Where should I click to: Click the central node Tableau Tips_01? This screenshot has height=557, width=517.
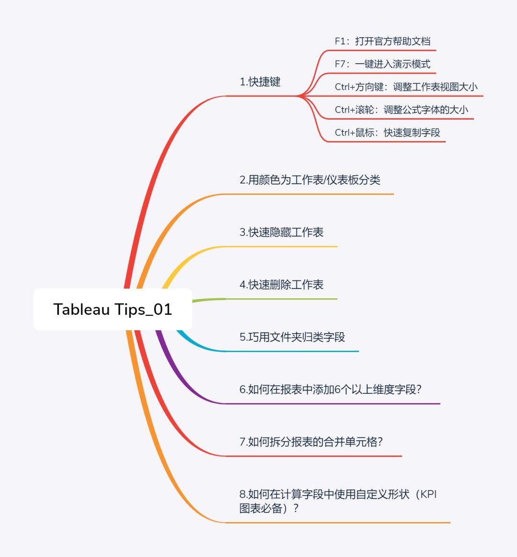pos(112,309)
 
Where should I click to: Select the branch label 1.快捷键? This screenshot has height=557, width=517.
pos(260,82)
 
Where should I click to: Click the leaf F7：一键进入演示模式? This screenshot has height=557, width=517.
pos(382,64)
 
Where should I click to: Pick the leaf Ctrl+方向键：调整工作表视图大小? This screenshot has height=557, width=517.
pos(406,87)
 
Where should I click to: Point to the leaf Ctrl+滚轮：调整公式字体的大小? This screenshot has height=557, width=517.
pos(401,110)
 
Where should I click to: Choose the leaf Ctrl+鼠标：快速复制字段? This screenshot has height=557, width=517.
pos(387,133)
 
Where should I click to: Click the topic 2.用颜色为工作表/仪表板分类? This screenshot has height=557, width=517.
pos(310,180)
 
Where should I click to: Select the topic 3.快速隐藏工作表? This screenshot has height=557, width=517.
pos(281,233)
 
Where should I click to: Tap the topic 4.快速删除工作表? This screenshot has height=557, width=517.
pos(281,285)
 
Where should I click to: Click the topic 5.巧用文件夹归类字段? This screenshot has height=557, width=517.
pos(292,337)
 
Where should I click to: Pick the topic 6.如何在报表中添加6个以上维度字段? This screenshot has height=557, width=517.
pos(330,390)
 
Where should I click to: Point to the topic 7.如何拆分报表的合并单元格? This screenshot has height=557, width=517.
pos(311,442)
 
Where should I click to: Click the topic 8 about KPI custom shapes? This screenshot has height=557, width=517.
pos(337,501)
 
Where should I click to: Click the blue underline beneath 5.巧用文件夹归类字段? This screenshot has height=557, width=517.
pos(292,351)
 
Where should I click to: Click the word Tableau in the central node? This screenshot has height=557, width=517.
pos(81,309)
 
